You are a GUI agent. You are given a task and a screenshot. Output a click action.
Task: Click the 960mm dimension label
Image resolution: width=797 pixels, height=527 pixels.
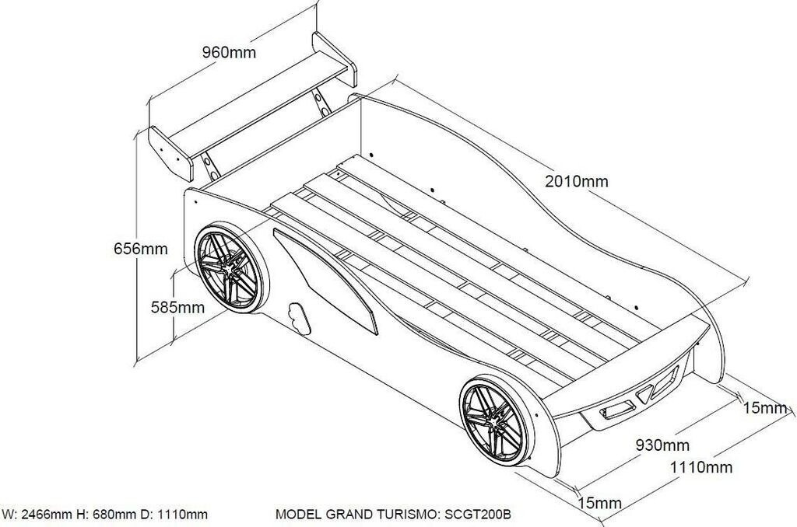tap(229, 52)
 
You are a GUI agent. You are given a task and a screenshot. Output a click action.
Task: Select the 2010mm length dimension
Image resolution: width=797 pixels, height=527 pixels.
tap(576, 182)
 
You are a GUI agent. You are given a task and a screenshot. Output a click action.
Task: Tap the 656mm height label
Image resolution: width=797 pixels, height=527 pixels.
tap(141, 249)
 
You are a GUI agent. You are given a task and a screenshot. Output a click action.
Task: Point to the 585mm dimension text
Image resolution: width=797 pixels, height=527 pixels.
tap(177, 307)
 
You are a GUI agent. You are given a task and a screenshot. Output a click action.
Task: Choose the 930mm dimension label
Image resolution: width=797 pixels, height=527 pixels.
tap(662, 445)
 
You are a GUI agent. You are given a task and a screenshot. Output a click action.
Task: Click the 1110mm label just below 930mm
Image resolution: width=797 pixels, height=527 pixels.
tap(702, 467)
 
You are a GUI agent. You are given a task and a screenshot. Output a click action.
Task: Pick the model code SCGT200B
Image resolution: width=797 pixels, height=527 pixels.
tap(476, 514)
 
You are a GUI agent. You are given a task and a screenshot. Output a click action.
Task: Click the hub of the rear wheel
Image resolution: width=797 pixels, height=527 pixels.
tap(229, 270)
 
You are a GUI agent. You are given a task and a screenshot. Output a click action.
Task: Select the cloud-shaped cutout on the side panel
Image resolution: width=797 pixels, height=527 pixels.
tap(298, 315)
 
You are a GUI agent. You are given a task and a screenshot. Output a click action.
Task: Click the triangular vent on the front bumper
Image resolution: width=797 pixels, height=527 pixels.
tap(644, 395)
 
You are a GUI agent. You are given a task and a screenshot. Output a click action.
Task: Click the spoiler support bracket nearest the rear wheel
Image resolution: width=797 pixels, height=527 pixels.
tap(209, 163)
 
